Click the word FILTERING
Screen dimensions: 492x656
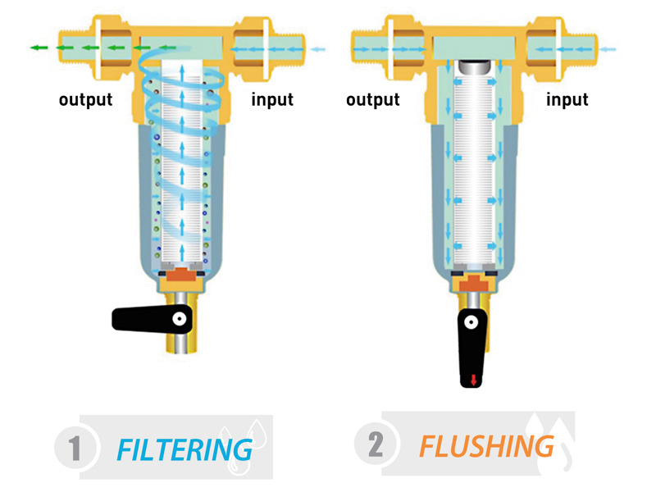point(184,449)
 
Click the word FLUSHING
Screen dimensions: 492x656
point(486,447)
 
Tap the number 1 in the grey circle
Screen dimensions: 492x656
point(75,448)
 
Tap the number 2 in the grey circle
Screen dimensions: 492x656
point(376,444)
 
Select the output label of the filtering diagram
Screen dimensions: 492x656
point(85,100)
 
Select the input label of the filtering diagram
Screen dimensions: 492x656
point(271,100)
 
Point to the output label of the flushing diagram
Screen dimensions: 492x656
point(372,100)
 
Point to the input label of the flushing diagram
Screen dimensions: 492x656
point(567,100)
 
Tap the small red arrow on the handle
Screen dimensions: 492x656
point(473,380)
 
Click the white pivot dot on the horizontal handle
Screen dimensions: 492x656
point(178,318)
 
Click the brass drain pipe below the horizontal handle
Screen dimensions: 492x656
point(179,344)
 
